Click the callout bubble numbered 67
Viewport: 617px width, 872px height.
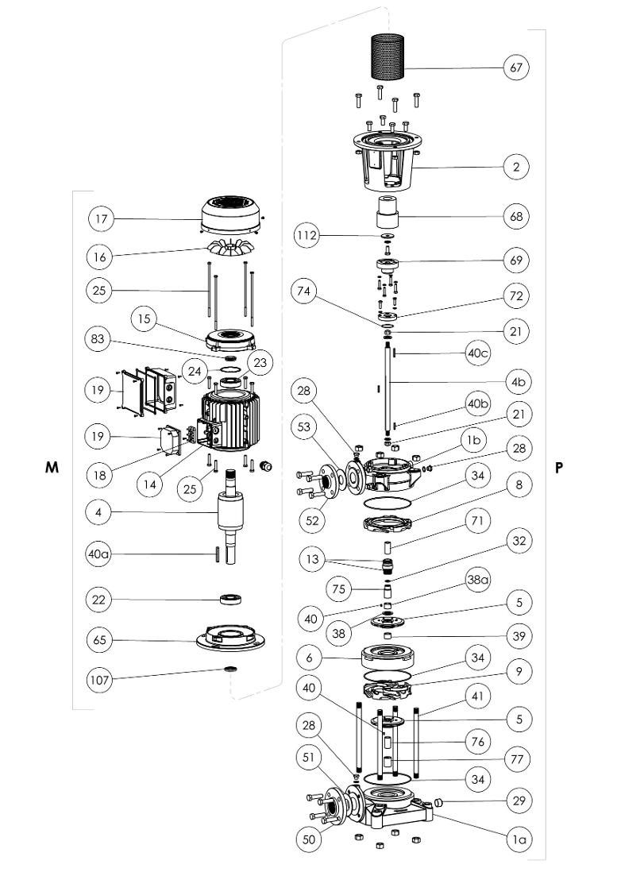pyautogui.click(x=517, y=68)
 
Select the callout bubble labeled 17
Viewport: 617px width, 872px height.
pyautogui.click(x=101, y=218)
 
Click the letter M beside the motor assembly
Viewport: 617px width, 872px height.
pyautogui.click(x=52, y=468)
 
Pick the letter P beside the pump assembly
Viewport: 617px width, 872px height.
pyautogui.click(x=559, y=468)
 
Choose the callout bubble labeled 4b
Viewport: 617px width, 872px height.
pyautogui.click(x=517, y=382)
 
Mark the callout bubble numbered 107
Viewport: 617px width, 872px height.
pyautogui.click(x=101, y=680)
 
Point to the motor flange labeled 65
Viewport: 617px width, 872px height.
pyautogui.click(x=230, y=637)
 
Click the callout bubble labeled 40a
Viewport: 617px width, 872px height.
pyautogui.click(x=101, y=553)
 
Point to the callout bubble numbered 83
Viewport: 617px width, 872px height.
pyautogui.click(x=101, y=338)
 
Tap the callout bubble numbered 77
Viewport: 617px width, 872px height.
pyautogui.click(x=517, y=760)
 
